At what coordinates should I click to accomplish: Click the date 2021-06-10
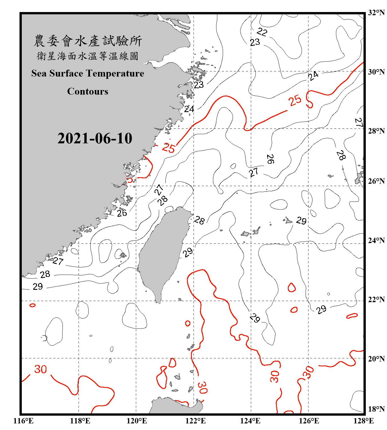pyautogui.click(x=95, y=138)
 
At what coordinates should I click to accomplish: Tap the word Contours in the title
pyautogui.click(x=88, y=91)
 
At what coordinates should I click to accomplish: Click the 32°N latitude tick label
pyautogui.click(x=376, y=13)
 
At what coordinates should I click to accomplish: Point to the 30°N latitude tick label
pyautogui.click(x=376, y=72)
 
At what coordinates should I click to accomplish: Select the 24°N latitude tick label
pyautogui.click(x=376, y=240)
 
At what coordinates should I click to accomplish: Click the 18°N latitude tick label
pyautogui.click(x=376, y=409)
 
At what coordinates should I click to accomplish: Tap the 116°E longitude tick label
pyautogui.click(x=24, y=421)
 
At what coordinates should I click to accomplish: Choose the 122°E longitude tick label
pyautogui.click(x=196, y=421)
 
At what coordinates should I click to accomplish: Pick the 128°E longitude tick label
pyautogui.click(x=363, y=421)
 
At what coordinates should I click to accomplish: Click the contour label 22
pyautogui.click(x=262, y=32)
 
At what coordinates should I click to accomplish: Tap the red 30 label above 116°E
pyautogui.click(x=40, y=369)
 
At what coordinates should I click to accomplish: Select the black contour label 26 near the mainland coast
pyautogui.click(x=122, y=213)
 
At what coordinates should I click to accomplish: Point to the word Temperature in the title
pyautogui.click(x=115, y=73)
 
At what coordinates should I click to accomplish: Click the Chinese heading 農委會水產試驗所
pyautogui.click(x=88, y=41)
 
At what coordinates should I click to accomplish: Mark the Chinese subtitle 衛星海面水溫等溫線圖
pyautogui.click(x=88, y=56)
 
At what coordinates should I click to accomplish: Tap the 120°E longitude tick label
pyautogui.click(x=137, y=421)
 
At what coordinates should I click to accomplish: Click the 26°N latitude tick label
pyautogui.click(x=376, y=181)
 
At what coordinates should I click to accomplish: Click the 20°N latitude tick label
pyautogui.click(x=376, y=359)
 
